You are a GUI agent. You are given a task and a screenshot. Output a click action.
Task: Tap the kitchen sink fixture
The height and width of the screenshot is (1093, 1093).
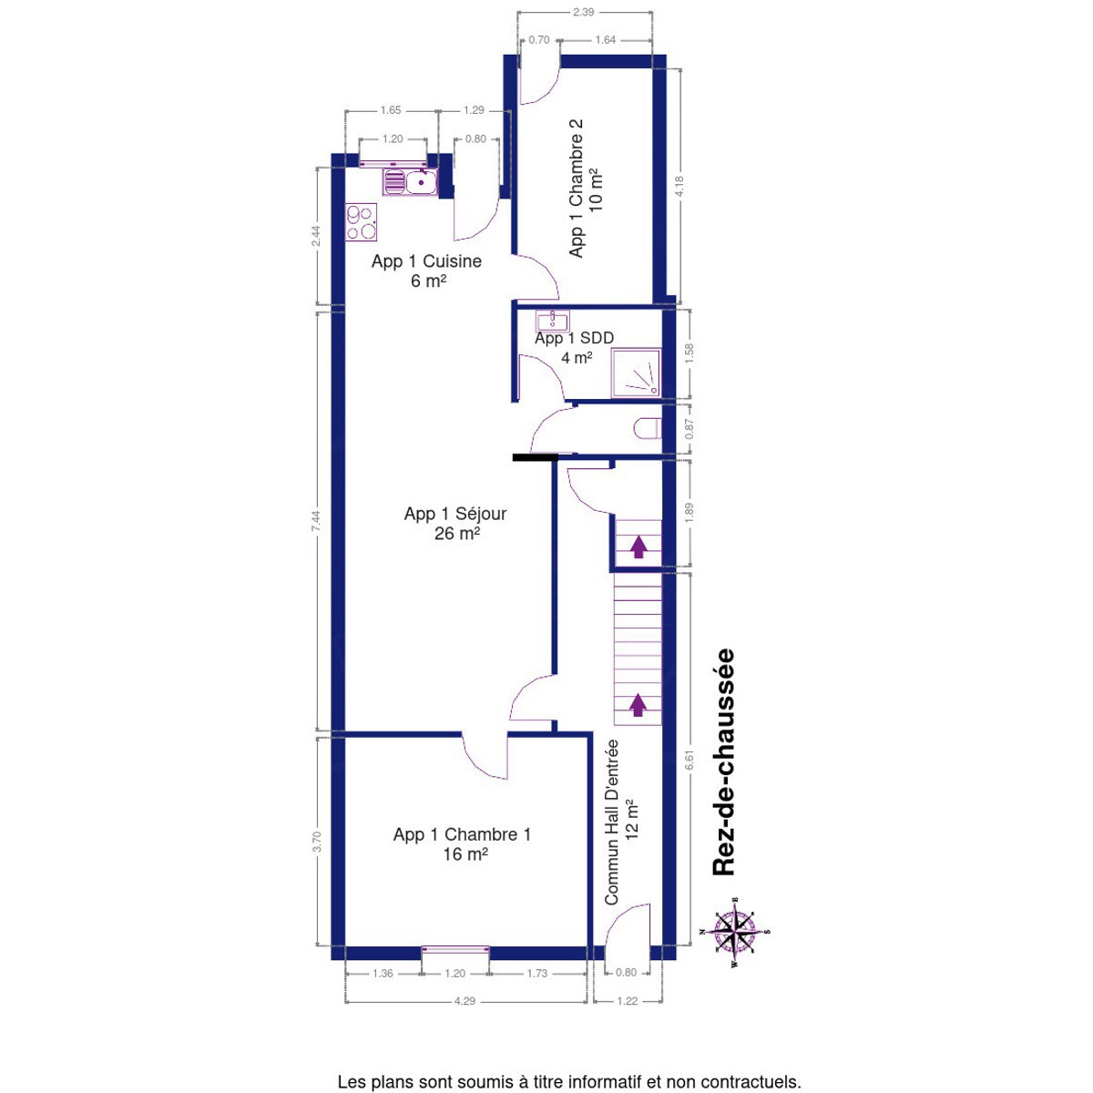coord(410,182)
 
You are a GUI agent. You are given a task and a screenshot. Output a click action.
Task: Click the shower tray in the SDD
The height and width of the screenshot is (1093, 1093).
coord(636,373)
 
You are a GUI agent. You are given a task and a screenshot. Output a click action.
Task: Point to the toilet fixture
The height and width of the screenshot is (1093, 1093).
coord(647,428)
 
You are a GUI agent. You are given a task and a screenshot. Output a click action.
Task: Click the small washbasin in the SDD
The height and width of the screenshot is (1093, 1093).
coord(551,321)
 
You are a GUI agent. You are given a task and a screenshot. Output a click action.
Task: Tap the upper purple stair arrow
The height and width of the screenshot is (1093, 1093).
coord(638,546)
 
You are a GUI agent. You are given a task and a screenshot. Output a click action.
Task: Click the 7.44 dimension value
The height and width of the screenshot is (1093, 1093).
coord(316,521)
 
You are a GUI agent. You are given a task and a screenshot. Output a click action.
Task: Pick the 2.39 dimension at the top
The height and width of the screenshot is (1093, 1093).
coord(583,12)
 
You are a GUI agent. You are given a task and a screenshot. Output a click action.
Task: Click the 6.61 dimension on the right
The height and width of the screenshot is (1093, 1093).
coord(690,761)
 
